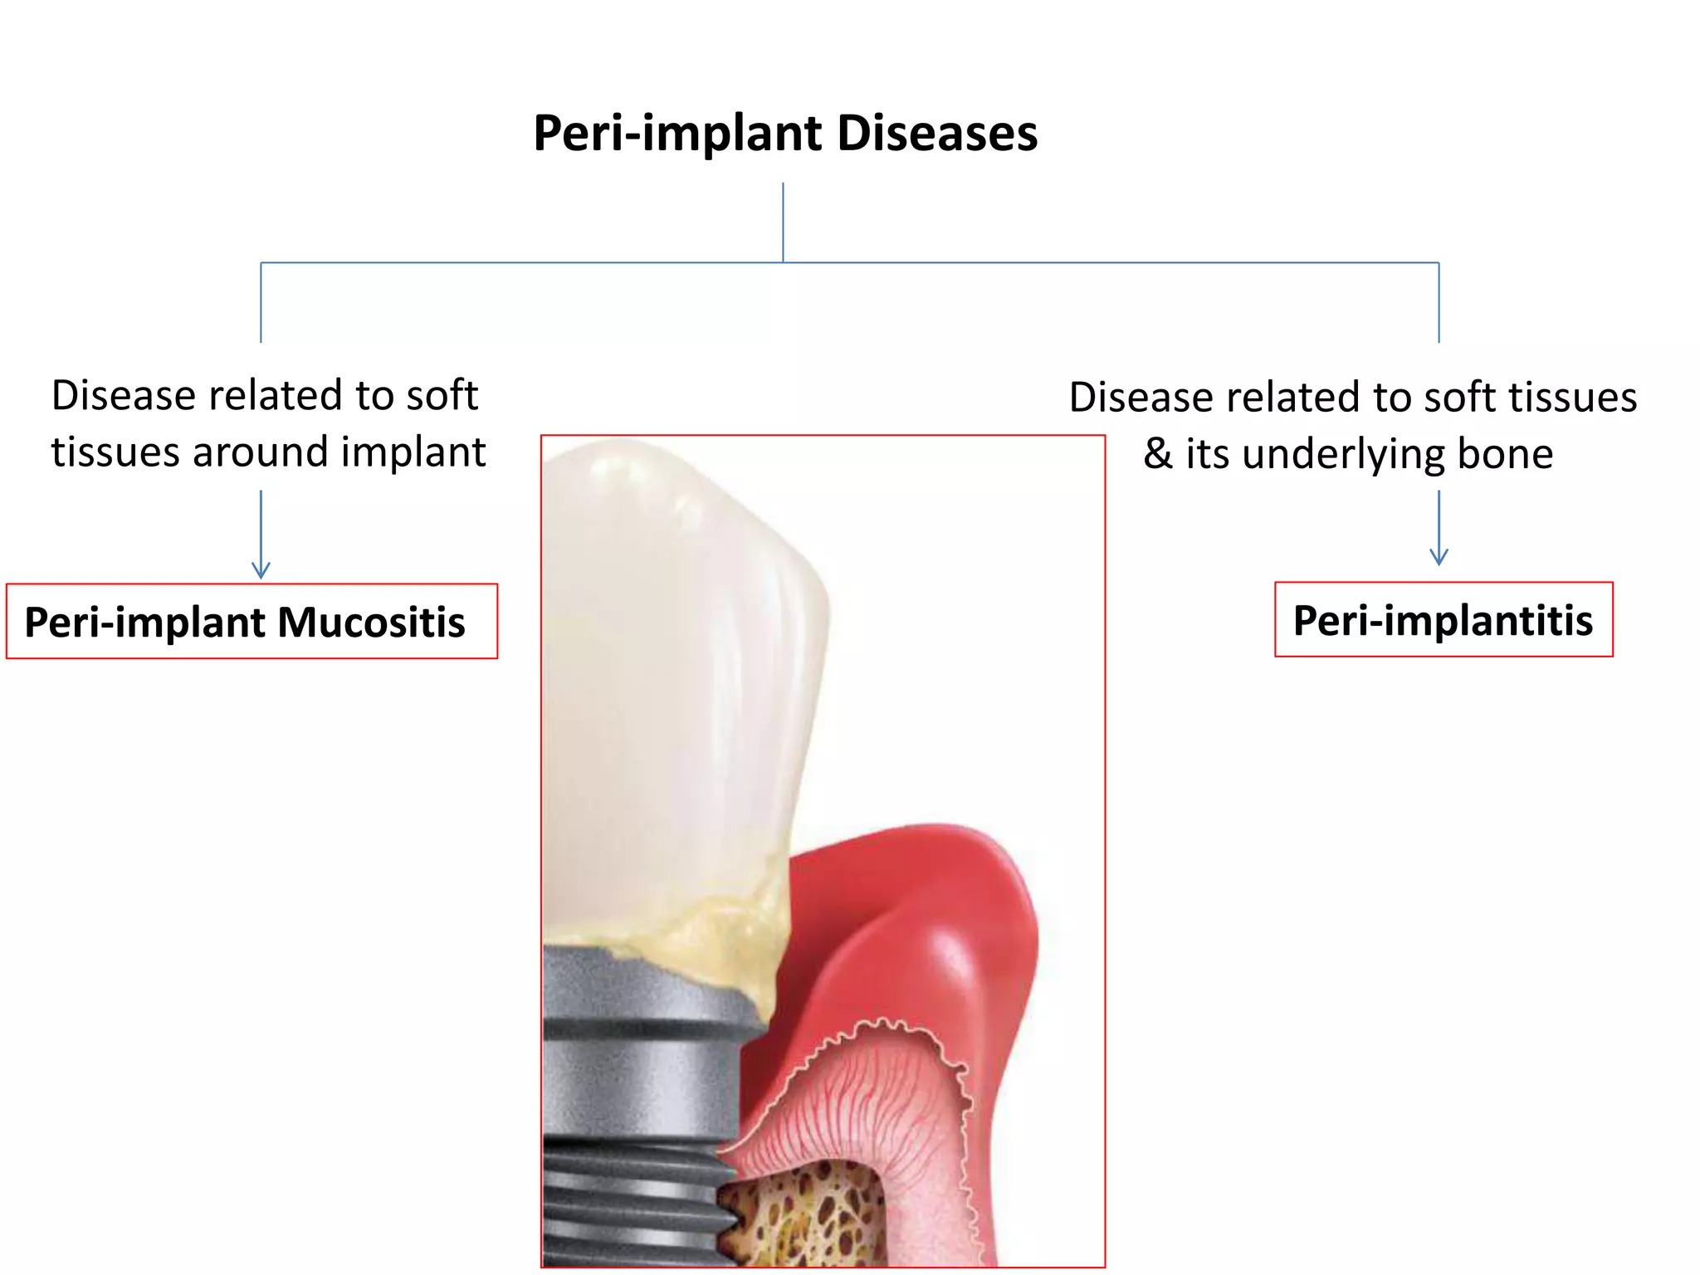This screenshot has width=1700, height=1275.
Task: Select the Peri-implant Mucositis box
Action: point(252,622)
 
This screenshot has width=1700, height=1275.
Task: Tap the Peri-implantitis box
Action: point(1444,620)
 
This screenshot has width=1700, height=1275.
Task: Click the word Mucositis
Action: point(371,622)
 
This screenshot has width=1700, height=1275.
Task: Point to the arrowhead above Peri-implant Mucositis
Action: point(261,570)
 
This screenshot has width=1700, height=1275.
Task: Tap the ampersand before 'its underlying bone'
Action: point(1157,454)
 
